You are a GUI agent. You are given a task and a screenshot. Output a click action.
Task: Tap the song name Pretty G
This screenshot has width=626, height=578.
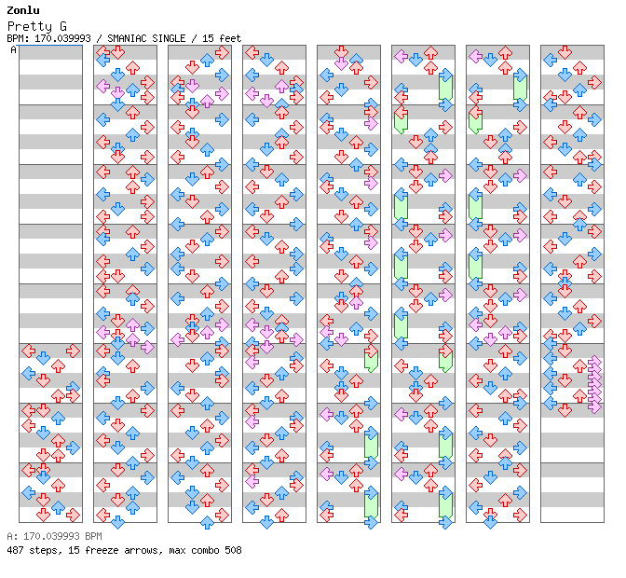coord(42,25)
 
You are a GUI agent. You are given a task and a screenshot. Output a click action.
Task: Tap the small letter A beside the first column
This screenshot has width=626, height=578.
coord(14,50)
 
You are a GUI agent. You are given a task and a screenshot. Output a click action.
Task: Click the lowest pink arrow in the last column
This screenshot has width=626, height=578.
coord(594,406)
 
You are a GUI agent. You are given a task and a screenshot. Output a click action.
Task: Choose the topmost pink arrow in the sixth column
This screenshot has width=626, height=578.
coord(401,56)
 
